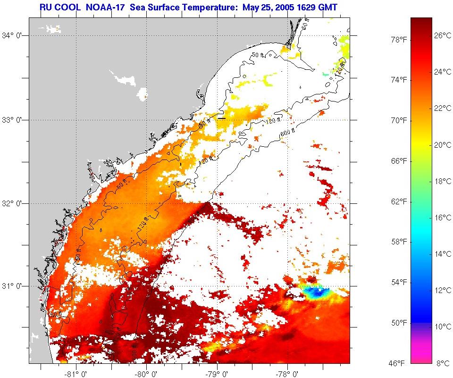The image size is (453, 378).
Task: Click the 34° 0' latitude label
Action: tap(14, 35)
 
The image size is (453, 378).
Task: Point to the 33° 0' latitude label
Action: tap(14, 120)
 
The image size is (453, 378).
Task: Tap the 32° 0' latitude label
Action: tap(14, 203)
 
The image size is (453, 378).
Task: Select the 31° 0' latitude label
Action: tap(14, 286)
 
